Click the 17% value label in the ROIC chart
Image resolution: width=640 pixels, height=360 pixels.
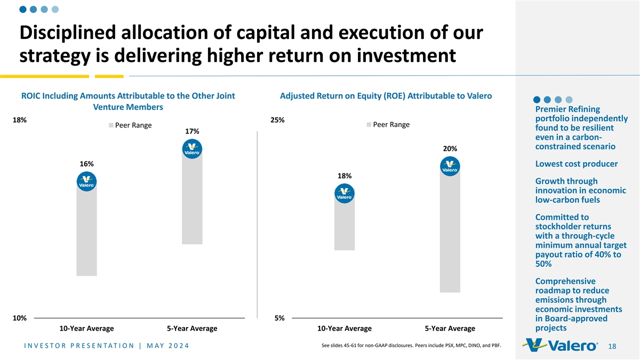point(192,132)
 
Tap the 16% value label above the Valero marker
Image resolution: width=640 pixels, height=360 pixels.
point(86,164)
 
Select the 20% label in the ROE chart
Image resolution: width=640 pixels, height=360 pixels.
point(450,148)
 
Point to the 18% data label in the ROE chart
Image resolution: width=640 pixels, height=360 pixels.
point(344,176)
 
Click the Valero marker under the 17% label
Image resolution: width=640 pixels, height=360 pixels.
point(192,149)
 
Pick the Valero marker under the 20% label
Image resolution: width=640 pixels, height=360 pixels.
point(450,166)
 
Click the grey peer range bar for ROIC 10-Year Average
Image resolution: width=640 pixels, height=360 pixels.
point(86,235)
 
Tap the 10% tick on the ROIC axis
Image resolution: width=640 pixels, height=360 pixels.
point(20,318)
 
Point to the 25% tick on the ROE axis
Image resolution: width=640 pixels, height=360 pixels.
point(277,121)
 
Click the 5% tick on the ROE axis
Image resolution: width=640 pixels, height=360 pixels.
point(279,318)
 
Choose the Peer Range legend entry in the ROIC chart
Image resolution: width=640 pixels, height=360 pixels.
point(130,126)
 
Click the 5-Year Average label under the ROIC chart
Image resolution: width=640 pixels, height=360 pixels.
point(192,329)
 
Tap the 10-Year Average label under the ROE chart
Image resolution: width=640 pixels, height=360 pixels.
point(344,329)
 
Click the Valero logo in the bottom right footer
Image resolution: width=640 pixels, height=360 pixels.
point(561,346)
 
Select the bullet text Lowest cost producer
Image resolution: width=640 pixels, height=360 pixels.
point(576,164)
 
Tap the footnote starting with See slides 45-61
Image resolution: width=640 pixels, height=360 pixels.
point(412,345)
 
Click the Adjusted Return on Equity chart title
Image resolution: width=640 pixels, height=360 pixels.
point(386,96)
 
